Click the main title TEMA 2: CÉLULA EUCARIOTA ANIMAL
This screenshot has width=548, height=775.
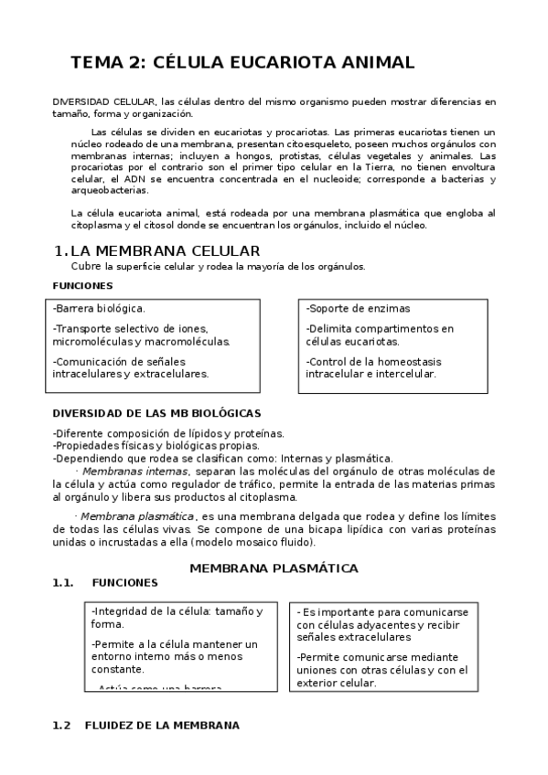click(243, 63)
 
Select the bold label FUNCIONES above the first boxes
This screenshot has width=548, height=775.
click(82, 285)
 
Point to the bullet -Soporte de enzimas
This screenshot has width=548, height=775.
click(358, 308)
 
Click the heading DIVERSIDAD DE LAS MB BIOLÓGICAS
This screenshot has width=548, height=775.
click(156, 413)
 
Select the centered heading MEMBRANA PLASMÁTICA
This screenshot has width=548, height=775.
click(274, 568)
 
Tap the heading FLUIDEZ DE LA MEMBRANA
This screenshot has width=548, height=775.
click(162, 725)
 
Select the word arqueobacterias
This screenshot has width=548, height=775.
click(108, 191)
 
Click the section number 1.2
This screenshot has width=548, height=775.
click(62, 725)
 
